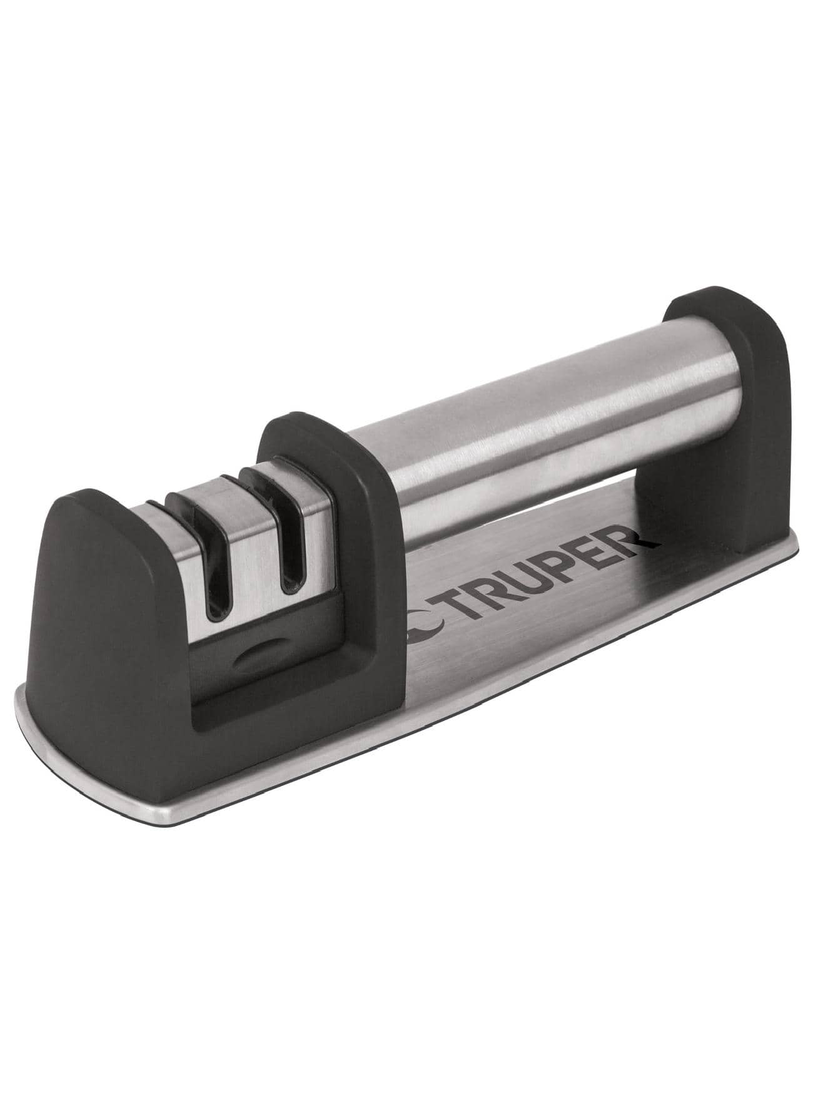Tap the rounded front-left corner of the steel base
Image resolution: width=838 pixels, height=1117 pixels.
click(38, 701)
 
